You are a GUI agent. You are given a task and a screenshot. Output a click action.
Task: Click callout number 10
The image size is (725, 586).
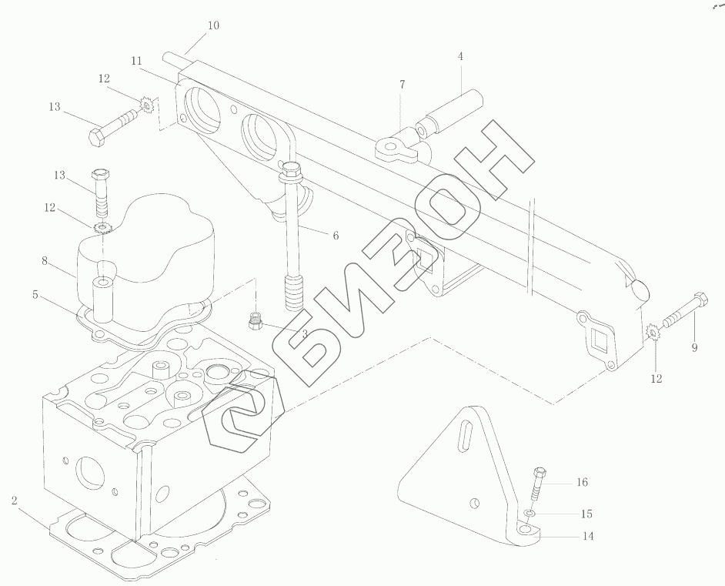213,25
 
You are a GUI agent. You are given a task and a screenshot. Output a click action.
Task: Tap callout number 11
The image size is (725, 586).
136,61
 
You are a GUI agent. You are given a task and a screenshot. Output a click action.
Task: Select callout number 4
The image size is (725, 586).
460,56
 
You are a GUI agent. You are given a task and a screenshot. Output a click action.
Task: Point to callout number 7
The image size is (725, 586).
403,85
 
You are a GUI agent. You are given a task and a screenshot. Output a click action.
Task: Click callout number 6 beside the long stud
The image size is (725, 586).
336,236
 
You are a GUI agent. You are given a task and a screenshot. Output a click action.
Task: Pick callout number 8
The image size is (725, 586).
45,261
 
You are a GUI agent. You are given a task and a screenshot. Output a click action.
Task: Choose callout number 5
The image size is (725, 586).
35,294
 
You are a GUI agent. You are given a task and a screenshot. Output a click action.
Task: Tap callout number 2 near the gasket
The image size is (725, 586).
15,500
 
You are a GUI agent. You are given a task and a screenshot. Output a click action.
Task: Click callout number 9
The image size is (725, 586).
694,347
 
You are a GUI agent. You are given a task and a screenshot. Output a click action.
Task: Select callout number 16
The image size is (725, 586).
582,482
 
